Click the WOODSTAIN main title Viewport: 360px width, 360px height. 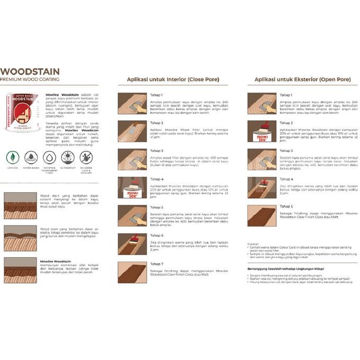click(30, 71)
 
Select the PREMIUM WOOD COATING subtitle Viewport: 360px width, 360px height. click(30, 79)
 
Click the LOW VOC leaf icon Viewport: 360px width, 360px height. click(13, 157)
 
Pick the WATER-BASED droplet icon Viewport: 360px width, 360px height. click(31, 157)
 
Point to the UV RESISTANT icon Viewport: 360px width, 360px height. click(67, 157)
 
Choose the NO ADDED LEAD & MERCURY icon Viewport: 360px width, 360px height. click(86, 157)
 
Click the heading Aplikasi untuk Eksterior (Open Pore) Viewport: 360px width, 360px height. click(302, 79)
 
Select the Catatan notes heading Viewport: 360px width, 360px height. click(253, 244)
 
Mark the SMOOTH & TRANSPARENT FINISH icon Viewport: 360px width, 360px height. click(49, 157)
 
